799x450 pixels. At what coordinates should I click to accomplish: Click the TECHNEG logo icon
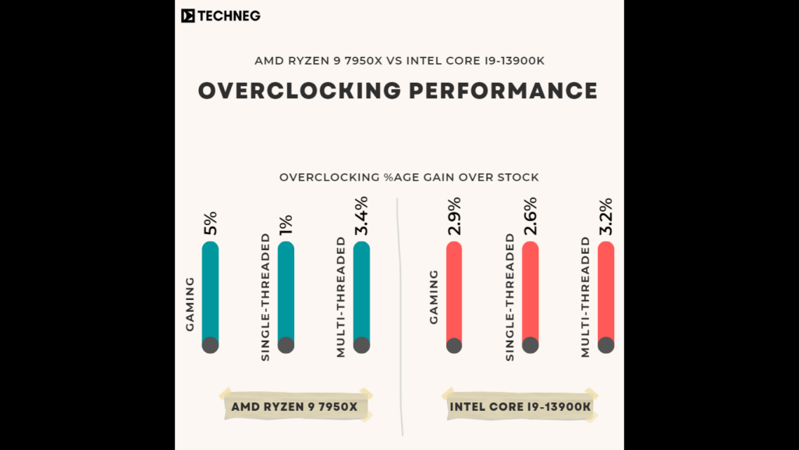click(x=187, y=16)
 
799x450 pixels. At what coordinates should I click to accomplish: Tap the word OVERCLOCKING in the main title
click(x=298, y=91)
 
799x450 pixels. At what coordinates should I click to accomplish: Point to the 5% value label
click(x=210, y=223)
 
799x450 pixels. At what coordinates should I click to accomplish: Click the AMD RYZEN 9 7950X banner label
click(x=294, y=406)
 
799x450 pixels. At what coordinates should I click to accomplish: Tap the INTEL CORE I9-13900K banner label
click(x=520, y=406)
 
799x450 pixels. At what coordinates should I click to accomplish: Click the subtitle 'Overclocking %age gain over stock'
click(x=409, y=177)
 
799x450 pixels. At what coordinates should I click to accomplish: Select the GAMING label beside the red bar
click(x=433, y=297)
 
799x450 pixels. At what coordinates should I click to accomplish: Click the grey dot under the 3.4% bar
click(x=361, y=345)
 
